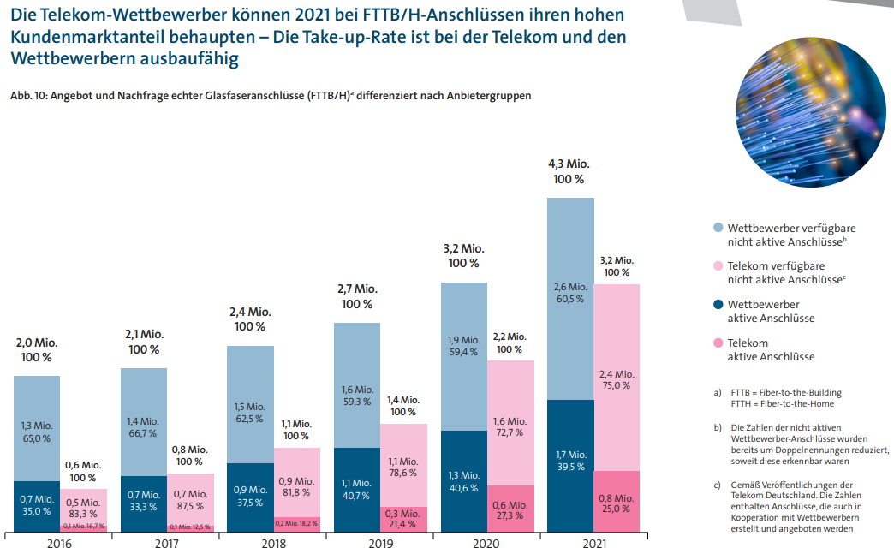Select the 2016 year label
tap(59, 542)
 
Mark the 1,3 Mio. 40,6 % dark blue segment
tap(462, 481)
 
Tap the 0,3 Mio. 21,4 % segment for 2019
tap(403, 519)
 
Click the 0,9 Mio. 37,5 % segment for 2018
tap(250, 497)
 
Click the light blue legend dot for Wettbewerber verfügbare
tap(718, 228)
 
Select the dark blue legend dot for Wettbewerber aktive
tap(718, 304)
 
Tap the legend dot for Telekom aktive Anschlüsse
tap(718, 342)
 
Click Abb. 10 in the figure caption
tap(27, 96)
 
